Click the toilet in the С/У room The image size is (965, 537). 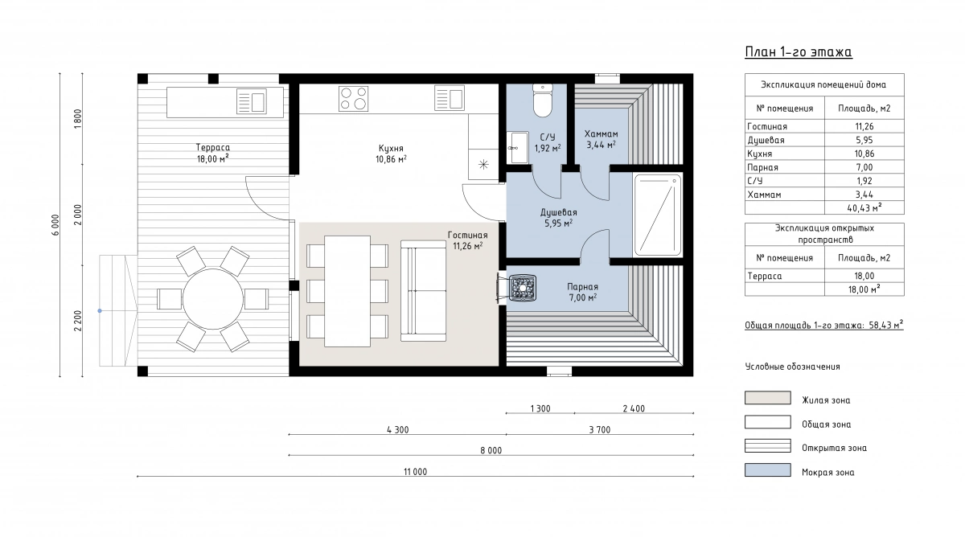point(542,100)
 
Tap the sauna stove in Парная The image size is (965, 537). point(523,288)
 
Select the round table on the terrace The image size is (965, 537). point(213,299)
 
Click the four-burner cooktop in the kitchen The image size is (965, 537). point(353,99)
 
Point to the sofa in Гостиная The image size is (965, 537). point(423,291)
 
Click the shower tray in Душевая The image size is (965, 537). point(658,215)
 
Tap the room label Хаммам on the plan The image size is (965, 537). point(601,134)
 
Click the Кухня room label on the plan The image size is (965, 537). point(391,148)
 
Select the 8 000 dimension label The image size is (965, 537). point(491,450)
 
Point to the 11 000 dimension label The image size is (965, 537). point(415,472)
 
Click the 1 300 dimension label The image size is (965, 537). point(540,408)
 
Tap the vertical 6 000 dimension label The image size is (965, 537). point(55,225)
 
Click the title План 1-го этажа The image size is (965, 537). point(799,51)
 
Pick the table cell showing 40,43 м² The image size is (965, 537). point(864,208)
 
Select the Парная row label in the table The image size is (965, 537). point(762,167)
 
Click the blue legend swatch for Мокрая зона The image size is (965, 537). point(768,469)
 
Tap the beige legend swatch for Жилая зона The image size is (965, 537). point(768,398)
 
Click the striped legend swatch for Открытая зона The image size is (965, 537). point(768,445)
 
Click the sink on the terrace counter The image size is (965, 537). point(252,101)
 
